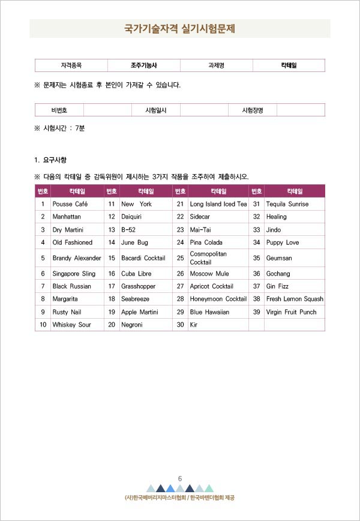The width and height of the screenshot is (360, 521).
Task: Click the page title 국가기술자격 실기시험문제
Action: pyautogui.click(x=179, y=28)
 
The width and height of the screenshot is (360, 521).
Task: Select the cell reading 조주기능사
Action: pyautogui.click(x=143, y=65)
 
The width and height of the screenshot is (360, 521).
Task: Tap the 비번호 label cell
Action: pyautogui.click(x=59, y=110)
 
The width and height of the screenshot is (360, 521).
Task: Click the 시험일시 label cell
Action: pyautogui.click(x=155, y=110)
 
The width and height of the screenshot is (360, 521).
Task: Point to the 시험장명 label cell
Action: pyautogui.click(x=252, y=110)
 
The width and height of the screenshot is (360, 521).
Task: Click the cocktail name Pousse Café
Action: pyautogui.click(x=70, y=204)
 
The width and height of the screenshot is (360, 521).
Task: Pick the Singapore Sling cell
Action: pyautogui.click(x=74, y=274)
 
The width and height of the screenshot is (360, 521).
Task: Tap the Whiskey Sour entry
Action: pyautogui.click(x=71, y=325)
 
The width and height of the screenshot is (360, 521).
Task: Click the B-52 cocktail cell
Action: pyautogui.click(x=130, y=230)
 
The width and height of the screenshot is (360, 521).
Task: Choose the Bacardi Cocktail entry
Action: pyautogui.click(x=143, y=258)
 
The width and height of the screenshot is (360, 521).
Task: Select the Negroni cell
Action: pyautogui.click(x=132, y=325)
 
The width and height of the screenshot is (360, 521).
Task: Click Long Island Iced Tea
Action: pyautogui.click(x=218, y=204)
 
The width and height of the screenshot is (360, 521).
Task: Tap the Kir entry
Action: pyautogui.click(x=194, y=325)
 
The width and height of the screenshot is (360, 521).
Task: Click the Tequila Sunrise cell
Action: pyautogui.click(x=287, y=204)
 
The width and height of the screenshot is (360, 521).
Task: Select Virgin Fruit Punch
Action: pyautogui.click(x=291, y=312)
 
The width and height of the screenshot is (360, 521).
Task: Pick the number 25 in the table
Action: pyautogui.click(x=180, y=258)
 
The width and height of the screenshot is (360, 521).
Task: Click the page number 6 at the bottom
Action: pyautogui.click(x=179, y=478)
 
